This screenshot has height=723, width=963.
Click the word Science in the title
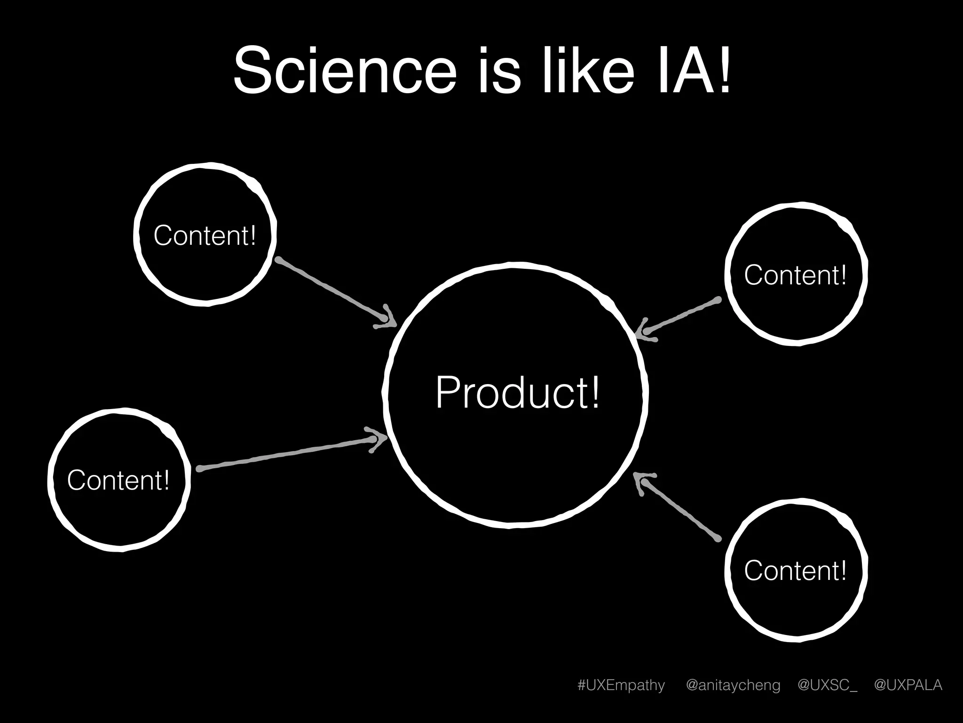[345, 71]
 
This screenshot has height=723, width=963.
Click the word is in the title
[500, 71]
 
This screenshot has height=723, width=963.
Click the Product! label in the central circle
[517, 393]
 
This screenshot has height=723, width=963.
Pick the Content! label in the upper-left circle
[205, 235]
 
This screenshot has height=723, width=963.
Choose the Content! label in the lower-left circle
[118, 480]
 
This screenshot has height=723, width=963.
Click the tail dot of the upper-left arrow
[278, 259]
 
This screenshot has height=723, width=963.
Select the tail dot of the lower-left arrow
[199, 469]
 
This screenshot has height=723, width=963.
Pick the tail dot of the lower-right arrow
[718, 538]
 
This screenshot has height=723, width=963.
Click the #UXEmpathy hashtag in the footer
[621, 685]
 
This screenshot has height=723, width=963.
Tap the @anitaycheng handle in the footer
[733, 685]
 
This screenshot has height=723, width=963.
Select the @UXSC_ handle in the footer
[827, 685]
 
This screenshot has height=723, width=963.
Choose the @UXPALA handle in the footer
[908, 685]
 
